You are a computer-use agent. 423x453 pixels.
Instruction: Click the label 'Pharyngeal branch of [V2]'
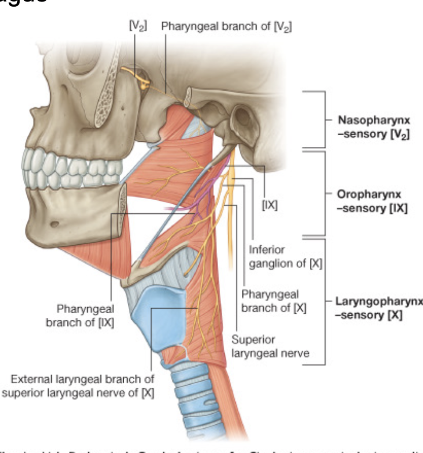[226, 26]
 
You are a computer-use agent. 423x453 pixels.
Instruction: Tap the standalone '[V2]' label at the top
[138, 26]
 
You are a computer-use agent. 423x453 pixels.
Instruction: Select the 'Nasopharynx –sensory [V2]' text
[374, 127]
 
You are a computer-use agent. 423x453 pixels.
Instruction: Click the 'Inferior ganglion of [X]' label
[286, 257]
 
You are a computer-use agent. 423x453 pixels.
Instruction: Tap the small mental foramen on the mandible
[54, 224]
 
